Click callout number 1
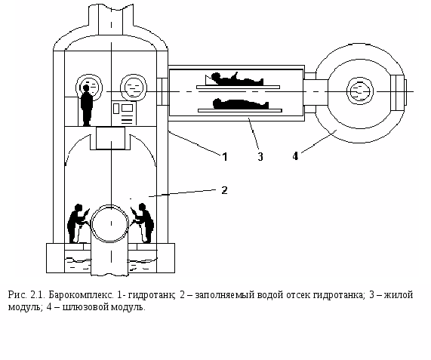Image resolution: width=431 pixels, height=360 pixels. (225, 157)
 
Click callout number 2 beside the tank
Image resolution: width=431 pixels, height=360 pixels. (224, 190)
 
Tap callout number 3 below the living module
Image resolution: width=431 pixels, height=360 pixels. (260, 157)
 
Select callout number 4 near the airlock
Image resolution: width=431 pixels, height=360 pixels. (295, 156)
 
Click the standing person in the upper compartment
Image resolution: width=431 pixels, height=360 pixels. (86, 106)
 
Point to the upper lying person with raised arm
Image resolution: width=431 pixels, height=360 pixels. (235, 79)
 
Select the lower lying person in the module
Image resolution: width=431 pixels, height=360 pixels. (241, 104)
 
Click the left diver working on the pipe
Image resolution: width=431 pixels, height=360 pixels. (78, 223)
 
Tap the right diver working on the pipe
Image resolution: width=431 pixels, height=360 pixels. (143, 223)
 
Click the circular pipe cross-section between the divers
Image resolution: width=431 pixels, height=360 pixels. (110, 223)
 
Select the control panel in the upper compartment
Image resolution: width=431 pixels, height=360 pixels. (124, 113)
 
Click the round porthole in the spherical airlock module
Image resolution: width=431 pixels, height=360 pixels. (360, 91)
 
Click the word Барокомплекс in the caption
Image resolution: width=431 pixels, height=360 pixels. (81, 295)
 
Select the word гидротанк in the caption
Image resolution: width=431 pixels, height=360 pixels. (152, 295)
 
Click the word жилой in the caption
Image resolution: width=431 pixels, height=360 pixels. (399, 295)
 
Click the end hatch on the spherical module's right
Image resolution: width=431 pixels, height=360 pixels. (399, 92)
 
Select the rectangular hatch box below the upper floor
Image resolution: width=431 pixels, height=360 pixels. (110, 137)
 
